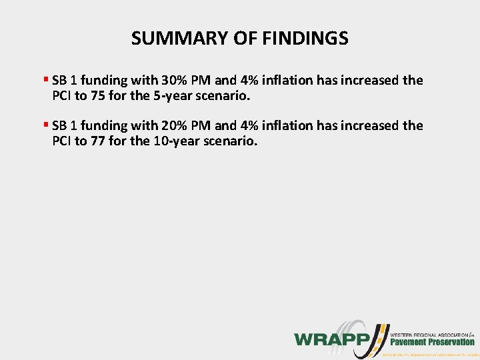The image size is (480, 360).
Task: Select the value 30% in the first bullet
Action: tap(174, 81)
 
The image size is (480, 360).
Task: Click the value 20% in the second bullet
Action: tap(174, 125)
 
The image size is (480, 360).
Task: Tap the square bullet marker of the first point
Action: tap(45, 80)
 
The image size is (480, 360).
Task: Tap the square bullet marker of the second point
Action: tap(45, 125)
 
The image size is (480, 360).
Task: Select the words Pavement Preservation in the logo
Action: tap(433, 342)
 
